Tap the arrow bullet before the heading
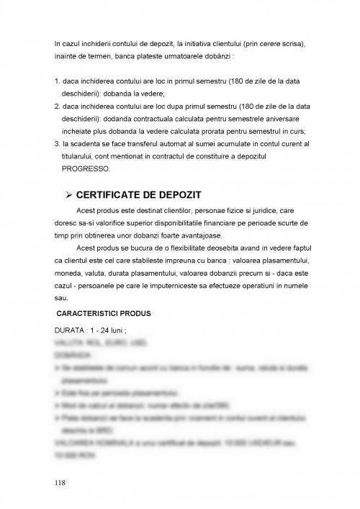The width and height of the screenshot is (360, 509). [69, 195]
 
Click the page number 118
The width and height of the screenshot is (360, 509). [60, 482]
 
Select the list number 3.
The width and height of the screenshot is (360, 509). [56, 143]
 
